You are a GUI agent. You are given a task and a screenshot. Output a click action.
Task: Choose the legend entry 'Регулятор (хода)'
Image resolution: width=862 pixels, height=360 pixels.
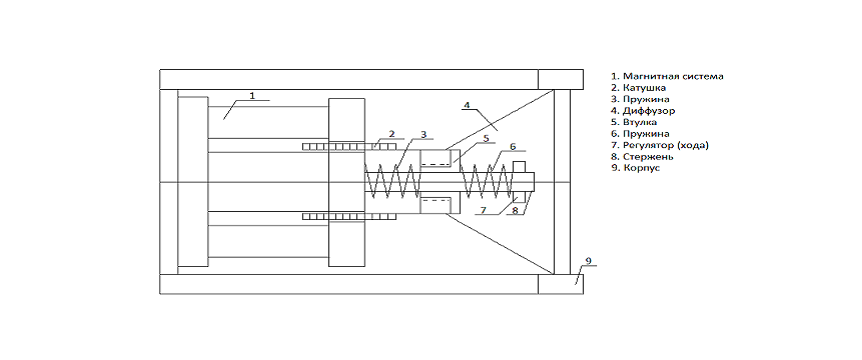[660, 146]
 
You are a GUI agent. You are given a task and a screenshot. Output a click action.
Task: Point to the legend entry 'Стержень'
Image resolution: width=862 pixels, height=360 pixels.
[643, 157]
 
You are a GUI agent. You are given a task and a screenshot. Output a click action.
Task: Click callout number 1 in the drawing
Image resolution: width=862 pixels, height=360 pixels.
[252, 95]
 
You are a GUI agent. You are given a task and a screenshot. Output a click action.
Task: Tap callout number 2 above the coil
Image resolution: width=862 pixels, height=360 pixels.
[391, 134]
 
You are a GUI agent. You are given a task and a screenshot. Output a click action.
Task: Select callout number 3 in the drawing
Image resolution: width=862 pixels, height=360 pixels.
[423, 134]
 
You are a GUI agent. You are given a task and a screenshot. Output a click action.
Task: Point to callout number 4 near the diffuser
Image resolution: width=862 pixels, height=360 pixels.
[466, 104]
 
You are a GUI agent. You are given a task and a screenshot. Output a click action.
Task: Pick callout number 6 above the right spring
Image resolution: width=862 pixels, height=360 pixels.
[512, 146]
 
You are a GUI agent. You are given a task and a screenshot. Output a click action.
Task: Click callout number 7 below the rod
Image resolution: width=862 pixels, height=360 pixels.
[484, 210]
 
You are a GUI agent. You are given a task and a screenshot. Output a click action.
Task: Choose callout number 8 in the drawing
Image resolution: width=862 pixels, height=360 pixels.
[516, 210]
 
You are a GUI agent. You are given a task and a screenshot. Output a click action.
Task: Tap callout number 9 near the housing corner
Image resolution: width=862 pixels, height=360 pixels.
[587, 261]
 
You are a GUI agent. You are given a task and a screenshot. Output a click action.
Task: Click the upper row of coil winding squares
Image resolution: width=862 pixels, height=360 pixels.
[349, 147]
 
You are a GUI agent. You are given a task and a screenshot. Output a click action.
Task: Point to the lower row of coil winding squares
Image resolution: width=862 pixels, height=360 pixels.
[349, 217]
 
